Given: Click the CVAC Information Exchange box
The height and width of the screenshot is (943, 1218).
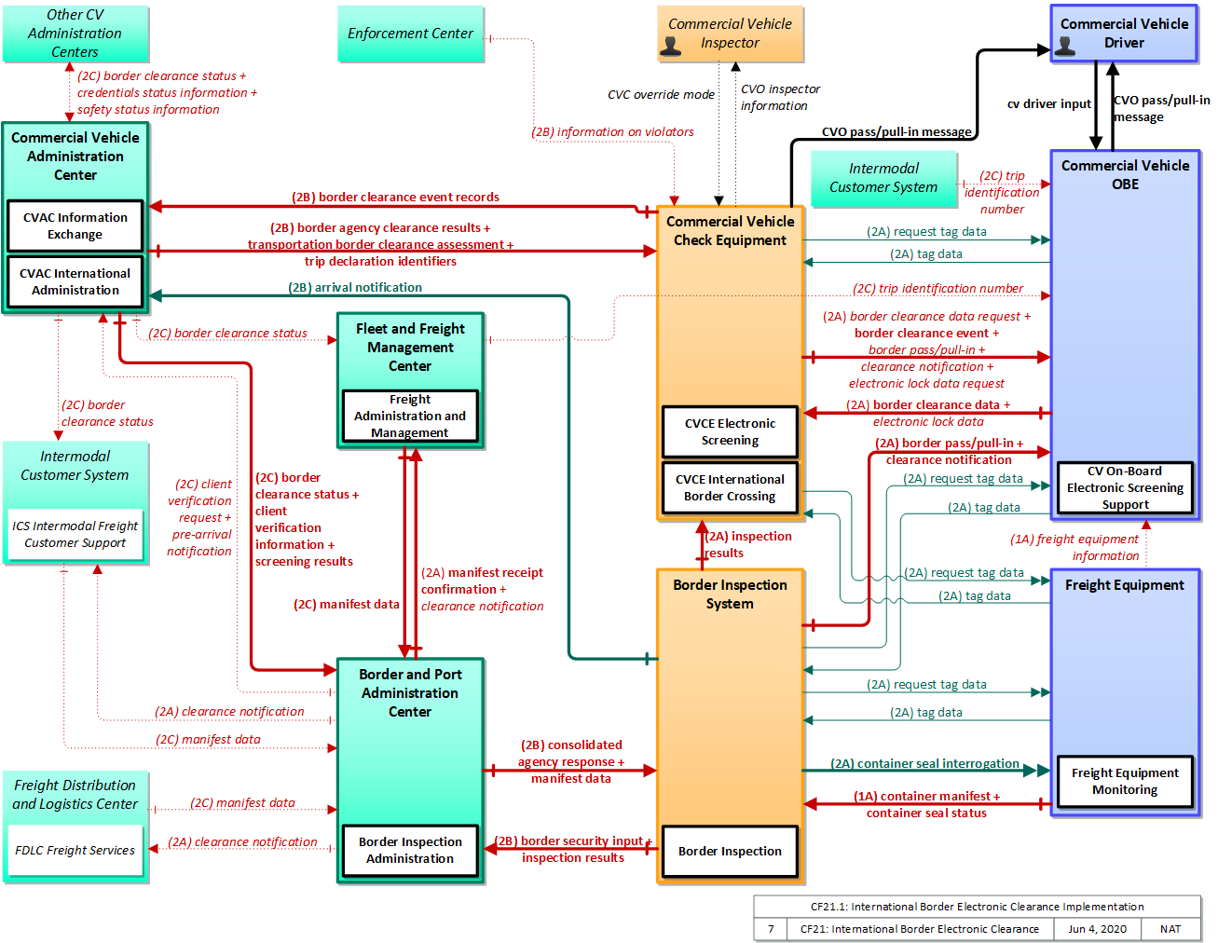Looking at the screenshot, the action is point(75,225).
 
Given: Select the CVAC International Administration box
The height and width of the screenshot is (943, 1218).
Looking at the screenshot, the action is point(75,281).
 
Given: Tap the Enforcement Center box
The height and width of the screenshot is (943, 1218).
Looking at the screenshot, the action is point(410,34).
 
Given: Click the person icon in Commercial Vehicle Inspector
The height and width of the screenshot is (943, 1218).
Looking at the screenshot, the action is point(670,46).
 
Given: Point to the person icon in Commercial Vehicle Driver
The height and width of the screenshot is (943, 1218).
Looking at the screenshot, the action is point(1064,46).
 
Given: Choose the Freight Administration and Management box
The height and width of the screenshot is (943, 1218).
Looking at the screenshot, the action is point(410,416).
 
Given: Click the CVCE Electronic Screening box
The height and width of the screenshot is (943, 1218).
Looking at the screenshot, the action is point(730,432).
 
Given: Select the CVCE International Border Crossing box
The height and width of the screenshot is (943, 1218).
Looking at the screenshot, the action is point(730,488).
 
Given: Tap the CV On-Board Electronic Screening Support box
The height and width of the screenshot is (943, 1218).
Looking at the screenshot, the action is point(1125,487).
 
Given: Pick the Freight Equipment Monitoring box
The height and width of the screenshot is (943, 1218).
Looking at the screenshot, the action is point(1125,782).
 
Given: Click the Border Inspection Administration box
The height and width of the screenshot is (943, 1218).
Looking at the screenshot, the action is point(410,851).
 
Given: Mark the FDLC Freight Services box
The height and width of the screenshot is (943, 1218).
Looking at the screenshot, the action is point(75,851).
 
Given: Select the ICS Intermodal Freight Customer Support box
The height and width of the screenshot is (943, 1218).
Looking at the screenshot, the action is point(75,535).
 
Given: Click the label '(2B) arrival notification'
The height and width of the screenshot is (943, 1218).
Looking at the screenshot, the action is point(355,287).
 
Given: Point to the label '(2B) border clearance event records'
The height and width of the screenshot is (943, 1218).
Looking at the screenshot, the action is point(395,198).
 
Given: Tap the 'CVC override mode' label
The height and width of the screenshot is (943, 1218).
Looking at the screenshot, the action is point(661,95).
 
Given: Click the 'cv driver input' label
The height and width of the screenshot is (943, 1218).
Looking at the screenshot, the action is point(1048,103).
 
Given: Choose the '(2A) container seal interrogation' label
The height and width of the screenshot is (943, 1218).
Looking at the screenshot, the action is point(924,763).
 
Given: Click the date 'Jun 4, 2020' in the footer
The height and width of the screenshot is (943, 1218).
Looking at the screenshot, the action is point(1097,929).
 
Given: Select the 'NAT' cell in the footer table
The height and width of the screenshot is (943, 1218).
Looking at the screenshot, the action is point(1170,929).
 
